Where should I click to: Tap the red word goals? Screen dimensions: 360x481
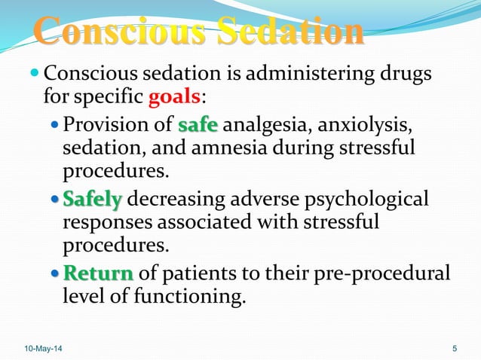click(x=173, y=98)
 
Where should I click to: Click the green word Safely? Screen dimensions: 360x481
click(x=93, y=200)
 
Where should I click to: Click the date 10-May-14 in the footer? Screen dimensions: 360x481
click(x=44, y=348)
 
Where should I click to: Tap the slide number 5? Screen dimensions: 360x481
click(x=455, y=348)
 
